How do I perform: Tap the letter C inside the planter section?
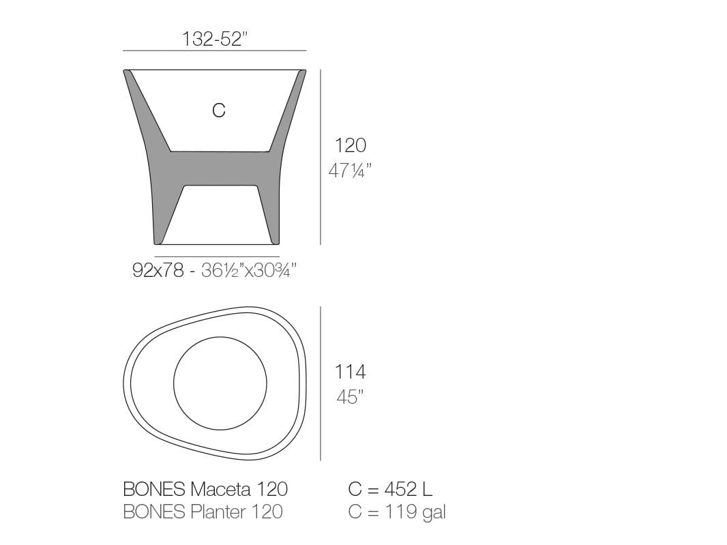click(x=218, y=110)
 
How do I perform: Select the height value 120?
click(x=350, y=145)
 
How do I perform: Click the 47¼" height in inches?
click(x=350, y=171)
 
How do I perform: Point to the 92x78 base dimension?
click(x=158, y=271)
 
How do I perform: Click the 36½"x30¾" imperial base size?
click(x=248, y=271)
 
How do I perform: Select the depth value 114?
click(x=350, y=372)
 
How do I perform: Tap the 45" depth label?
click(x=350, y=397)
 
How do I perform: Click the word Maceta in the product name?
click(x=222, y=489)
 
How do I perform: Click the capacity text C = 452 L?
click(x=390, y=489)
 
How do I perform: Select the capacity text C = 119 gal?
click(x=397, y=512)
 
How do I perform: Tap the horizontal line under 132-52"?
click(x=214, y=50)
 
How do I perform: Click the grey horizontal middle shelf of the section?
click(x=218, y=168)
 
